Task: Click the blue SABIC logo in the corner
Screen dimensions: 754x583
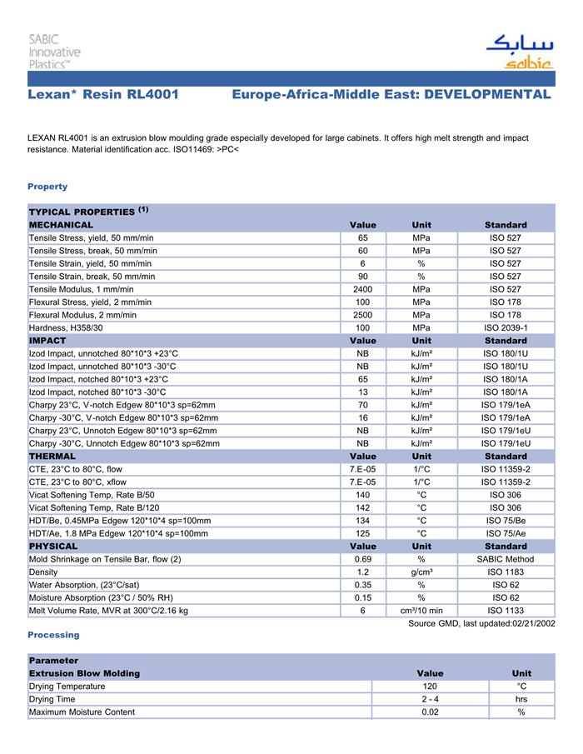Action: [518, 52]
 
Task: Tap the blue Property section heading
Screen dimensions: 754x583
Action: [47, 187]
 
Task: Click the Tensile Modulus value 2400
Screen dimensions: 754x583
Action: [363, 289]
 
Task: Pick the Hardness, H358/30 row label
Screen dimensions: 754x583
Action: [66, 327]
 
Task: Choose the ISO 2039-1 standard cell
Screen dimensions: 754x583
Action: [506, 327]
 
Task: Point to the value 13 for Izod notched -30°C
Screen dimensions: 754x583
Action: [363, 392]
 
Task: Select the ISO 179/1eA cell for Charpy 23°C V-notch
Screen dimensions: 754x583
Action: [506, 405]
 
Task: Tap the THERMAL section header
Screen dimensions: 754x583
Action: [52, 457]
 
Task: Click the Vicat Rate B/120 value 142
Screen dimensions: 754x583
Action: [363, 507]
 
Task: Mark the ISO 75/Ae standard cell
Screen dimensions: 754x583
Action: [506, 533]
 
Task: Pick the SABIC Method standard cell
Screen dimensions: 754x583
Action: [506, 559]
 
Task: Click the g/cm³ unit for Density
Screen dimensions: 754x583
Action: [421, 572]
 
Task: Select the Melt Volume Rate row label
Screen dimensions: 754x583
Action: [108, 611]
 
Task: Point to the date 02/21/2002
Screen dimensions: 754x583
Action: [533, 624]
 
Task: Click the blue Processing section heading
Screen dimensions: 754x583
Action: [53, 635]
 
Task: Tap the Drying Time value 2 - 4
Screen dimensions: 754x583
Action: [430, 699]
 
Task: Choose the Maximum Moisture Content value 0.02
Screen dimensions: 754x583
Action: [430, 712]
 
